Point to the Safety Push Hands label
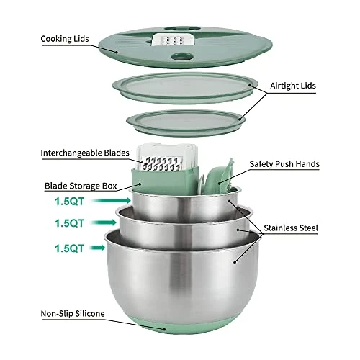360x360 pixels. coord(284,164)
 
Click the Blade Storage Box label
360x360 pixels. coord(80,184)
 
